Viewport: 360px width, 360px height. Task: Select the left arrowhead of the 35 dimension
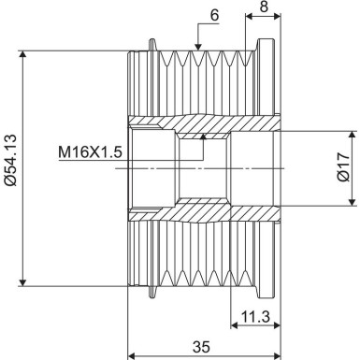click(x=133, y=355)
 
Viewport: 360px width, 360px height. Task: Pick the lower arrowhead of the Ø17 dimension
click(x=351, y=201)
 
